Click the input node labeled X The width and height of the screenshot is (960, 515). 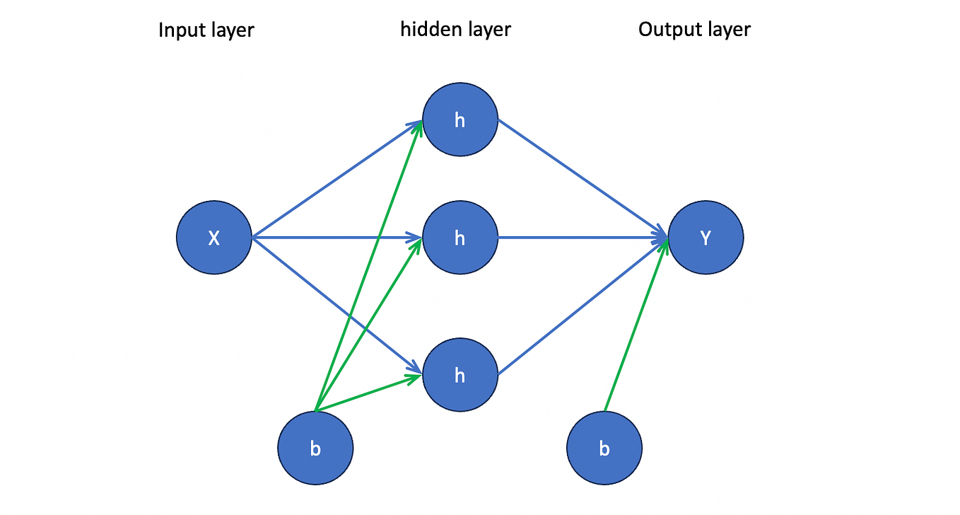[x=213, y=238]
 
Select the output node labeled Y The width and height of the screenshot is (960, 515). [x=705, y=238]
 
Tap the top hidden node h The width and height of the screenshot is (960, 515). [x=459, y=120]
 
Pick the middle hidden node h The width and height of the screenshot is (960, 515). [x=459, y=238]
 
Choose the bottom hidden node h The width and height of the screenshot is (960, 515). [x=459, y=375]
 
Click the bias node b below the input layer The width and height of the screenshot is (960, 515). [x=315, y=449]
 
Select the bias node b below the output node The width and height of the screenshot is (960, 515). [x=604, y=449]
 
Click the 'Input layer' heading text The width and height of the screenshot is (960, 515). [x=206, y=30]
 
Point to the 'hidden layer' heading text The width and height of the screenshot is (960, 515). [x=455, y=29]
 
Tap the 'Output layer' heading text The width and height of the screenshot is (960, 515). [x=694, y=29]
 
